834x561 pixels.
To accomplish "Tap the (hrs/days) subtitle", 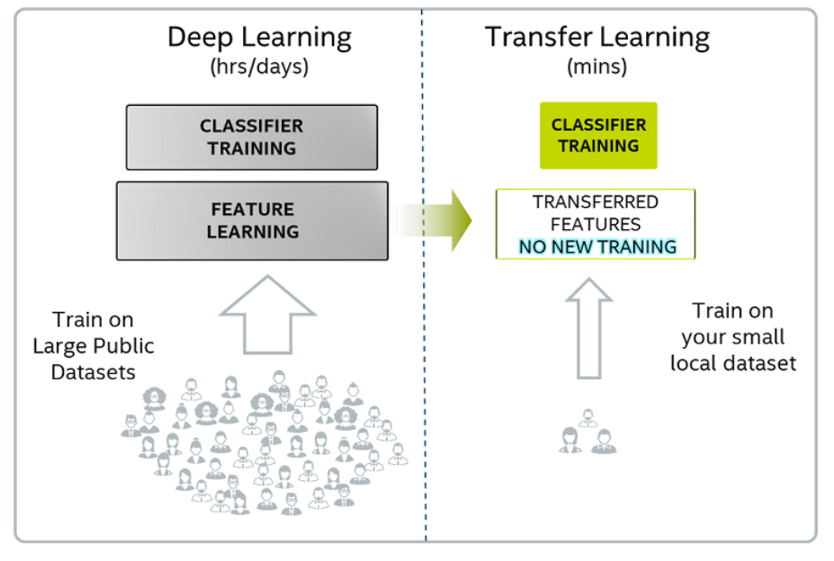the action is point(260,67).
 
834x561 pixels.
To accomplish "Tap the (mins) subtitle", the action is point(596,67).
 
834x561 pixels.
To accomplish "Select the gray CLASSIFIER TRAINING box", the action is point(252,138).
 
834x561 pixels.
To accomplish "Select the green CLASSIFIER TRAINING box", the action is point(598,136).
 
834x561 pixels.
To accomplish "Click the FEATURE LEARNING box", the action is point(252,220).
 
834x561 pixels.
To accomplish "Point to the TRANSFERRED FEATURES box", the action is point(596,224).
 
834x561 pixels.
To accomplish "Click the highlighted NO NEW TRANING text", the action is point(597,246).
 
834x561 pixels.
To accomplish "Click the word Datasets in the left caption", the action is point(93,372).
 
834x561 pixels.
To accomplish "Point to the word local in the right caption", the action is point(693,363).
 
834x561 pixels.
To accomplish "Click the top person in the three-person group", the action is point(587,418).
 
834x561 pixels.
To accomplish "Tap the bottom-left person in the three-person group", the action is point(570,441).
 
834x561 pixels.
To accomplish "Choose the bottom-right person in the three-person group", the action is point(603,441).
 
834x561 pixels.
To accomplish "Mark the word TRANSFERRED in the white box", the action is point(596,202).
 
